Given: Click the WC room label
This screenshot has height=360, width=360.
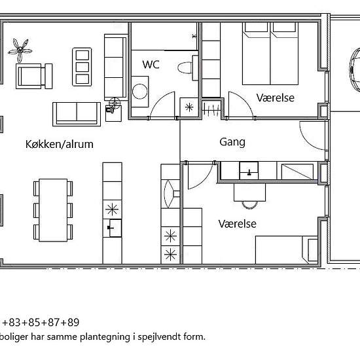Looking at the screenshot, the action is click(151, 64).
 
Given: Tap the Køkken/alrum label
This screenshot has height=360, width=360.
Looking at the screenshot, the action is click(60, 145).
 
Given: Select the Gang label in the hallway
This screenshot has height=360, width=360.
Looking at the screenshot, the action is click(232, 142).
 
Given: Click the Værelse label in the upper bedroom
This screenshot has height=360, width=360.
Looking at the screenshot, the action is click(276, 98).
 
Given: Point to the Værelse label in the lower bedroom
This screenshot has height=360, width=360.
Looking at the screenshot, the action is click(238, 224).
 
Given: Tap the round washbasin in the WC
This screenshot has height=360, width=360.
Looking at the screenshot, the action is click(139, 92).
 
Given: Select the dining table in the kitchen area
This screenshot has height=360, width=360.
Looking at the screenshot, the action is click(53, 210).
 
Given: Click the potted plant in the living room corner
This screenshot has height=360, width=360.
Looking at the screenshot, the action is click(20, 50).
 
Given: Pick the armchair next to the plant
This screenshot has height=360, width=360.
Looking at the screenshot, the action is click(34, 76).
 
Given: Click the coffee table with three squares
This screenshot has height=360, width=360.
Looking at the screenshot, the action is click(82, 67).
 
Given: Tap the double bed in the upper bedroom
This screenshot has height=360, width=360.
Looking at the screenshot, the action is click(270, 54).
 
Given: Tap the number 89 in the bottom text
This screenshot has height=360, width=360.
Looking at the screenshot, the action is click(73, 322).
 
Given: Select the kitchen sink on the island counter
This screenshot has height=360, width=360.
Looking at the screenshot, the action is click(115, 228).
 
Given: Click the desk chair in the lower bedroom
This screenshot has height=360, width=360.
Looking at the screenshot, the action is click(249, 205).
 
